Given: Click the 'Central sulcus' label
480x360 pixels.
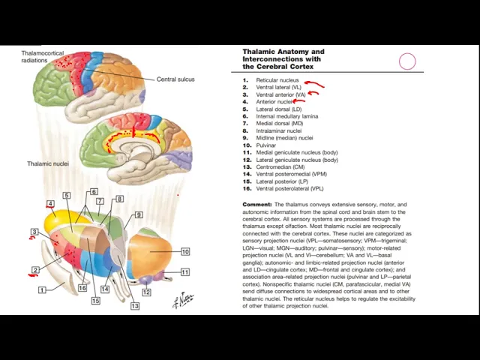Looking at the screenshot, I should point(175,79).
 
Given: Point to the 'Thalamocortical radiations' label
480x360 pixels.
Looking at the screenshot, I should point(43,57).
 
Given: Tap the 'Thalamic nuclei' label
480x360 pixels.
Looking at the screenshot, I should point(48,163).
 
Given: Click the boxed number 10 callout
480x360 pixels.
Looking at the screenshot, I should point(184,252).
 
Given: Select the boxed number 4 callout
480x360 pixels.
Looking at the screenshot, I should point(50,204).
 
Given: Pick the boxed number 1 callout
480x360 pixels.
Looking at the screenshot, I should point(42,289).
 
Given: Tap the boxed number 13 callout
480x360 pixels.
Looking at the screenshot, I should point(134,306).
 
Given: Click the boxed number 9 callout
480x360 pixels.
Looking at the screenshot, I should point(139,215).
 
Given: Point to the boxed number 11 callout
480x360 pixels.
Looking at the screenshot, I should point(184,272).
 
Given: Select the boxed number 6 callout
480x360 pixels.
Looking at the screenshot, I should point(94,192).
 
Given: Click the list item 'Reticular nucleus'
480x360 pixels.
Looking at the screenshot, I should point(277,80).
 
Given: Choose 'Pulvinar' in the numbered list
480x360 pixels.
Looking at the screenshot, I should point(266,145).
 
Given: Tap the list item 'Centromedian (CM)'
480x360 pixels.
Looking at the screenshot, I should point(280,167).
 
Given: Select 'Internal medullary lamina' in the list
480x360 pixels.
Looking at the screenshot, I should point(286,116).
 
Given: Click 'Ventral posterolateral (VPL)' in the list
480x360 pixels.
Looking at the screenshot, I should point(289,189).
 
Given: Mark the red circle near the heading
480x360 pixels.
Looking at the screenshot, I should point(407,61).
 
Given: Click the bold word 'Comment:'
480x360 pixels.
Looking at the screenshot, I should point(256,205).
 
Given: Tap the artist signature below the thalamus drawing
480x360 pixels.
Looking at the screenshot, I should point(182,300).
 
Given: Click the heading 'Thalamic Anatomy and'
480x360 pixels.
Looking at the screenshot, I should point(283,52).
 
